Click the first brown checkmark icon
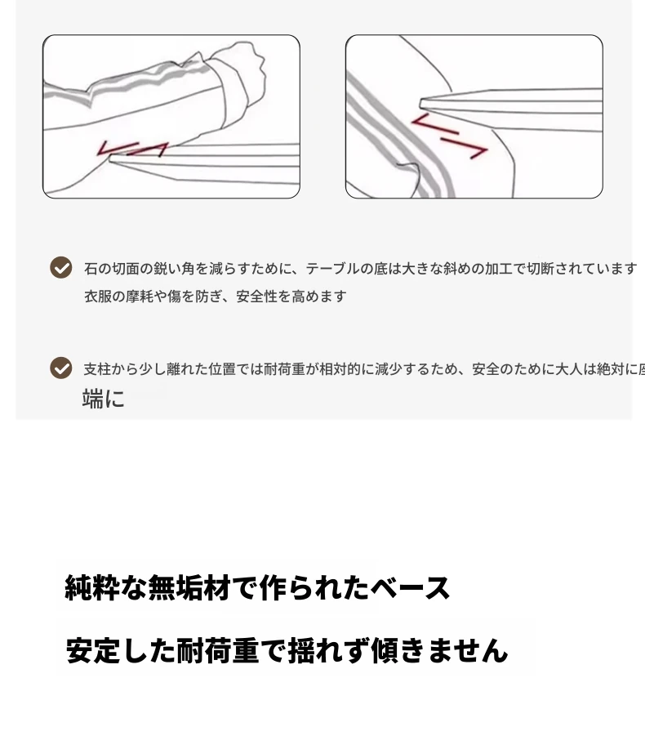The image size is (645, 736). [x=61, y=268]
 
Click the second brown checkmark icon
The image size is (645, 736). [x=61, y=368]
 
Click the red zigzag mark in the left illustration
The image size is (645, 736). [x=132, y=149]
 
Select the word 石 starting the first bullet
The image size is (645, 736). [x=91, y=269]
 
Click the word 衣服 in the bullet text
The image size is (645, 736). [x=98, y=297]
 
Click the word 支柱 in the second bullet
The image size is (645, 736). [x=97, y=369]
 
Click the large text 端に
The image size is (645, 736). [x=103, y=399]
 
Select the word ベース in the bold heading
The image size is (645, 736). [x=410, y=587]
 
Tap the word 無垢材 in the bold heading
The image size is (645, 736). [x=189, y=587]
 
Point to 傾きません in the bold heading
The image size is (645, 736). [x=439, y=650]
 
